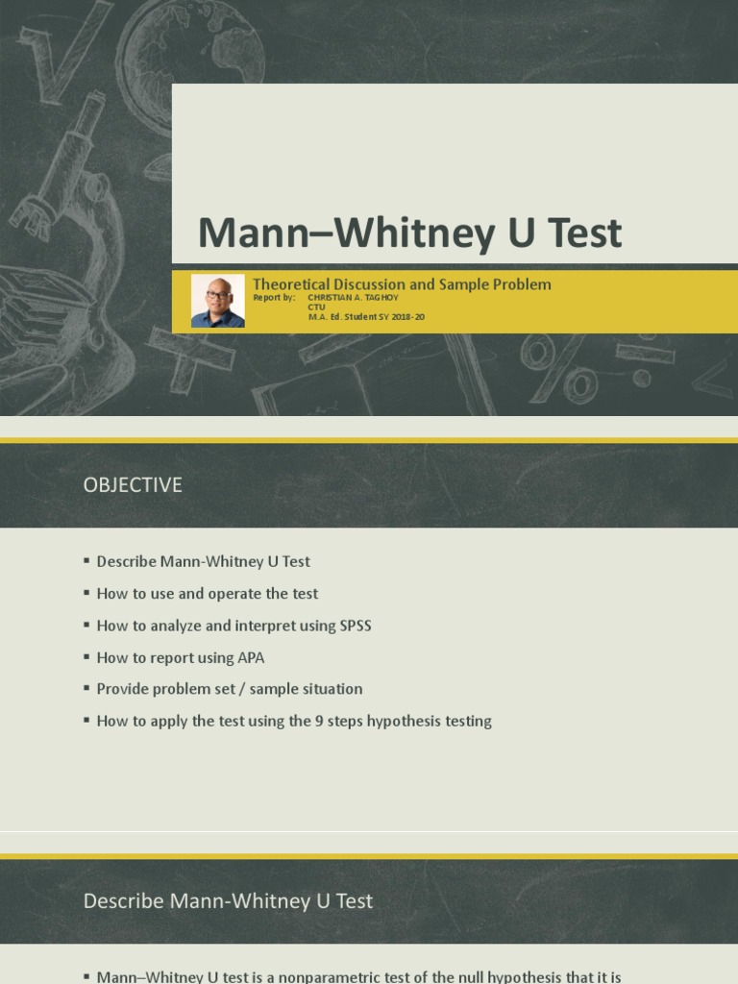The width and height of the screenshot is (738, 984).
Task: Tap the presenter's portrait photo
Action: click(x=217, y=301)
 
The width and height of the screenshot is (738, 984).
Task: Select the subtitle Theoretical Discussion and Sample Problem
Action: click(x=402, y=283)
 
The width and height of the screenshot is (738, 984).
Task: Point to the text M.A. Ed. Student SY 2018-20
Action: click(x=366, y=317)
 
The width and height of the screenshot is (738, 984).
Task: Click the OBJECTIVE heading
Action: click(x=133, y=485)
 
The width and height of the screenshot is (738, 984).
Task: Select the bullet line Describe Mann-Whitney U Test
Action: click(x=203, y=561)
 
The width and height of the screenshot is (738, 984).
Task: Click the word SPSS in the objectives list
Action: click(x=356, y=626)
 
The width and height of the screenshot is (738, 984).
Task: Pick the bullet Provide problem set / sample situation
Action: click(x=230, y=689)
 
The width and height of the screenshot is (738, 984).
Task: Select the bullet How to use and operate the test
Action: click(x=207, y=594)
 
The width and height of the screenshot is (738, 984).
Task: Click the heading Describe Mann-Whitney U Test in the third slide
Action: click(x=228, y=901)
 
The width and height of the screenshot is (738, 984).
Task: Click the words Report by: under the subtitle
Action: click(x=274, y=298)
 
